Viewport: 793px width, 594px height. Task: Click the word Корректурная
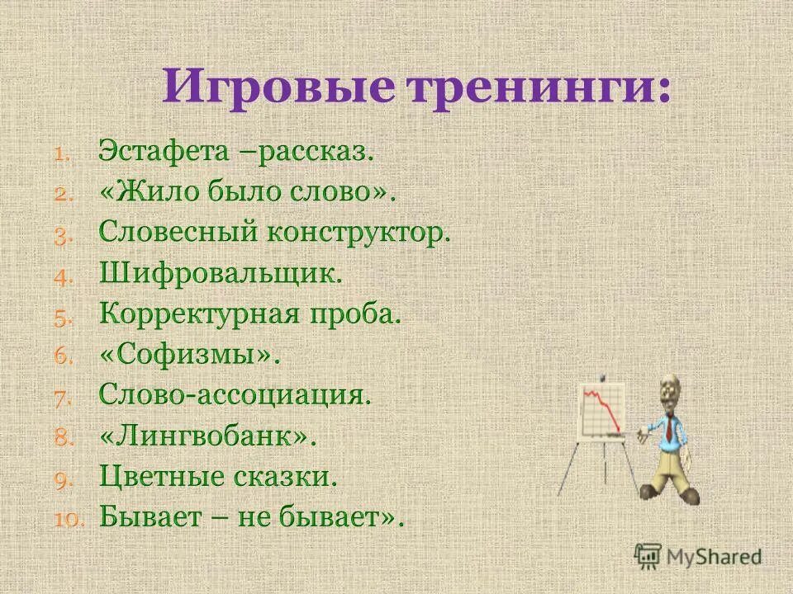click(x=202, y=314)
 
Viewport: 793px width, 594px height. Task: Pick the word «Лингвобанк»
click(x=208, y=436)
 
